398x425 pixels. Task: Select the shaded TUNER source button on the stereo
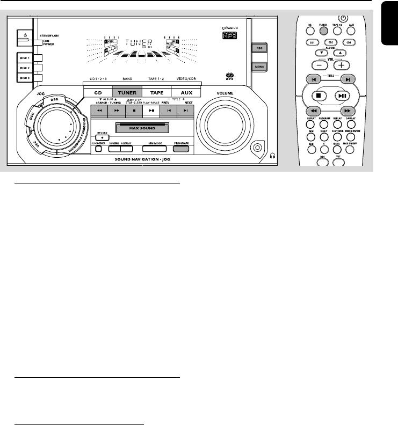tap(127, 92)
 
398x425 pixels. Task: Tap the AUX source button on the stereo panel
tap(186, 92)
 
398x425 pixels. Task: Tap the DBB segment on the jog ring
tap(49, 100)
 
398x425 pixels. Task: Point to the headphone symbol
tap(273, 156)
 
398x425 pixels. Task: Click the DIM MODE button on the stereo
tap(145, 149)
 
